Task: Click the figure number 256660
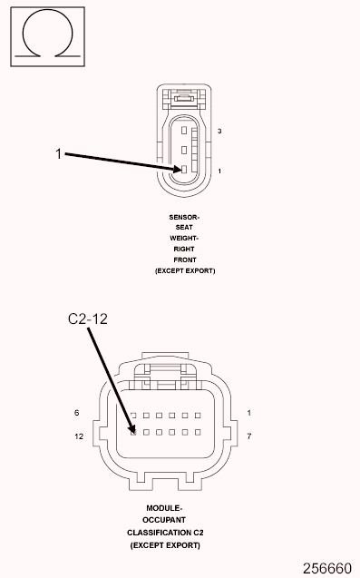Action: (x=326, y=568)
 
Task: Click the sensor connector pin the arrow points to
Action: (x=183, y=170)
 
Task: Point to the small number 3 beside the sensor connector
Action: (x=220, y=132)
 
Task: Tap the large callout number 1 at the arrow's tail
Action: (x=59, y=155)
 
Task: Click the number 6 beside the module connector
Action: (x=77, y=414)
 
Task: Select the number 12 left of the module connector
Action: (x=79, y=436)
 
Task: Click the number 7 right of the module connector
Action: (x=249, y=436)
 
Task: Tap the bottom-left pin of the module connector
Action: (x=133, y=430)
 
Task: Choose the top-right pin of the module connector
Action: (x=196, y=415)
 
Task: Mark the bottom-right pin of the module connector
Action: (x=196, y=430)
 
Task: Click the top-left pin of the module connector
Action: (x=133, y=415)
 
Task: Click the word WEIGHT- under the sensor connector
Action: (x=184, y=238)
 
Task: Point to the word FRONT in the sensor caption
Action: (x=184, y=260)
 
